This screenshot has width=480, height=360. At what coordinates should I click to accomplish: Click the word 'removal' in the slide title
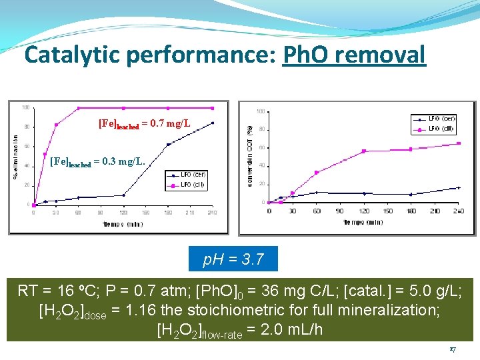[387, 55]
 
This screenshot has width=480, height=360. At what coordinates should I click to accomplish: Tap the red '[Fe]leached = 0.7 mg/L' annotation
[144, 123]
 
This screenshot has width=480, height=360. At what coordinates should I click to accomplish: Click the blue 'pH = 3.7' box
[233, 259]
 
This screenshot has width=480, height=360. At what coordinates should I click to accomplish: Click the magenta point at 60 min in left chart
[79, 108]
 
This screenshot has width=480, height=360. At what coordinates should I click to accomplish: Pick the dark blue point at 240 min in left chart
[213, 123]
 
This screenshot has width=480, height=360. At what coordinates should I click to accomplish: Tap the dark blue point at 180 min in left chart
[168, 144]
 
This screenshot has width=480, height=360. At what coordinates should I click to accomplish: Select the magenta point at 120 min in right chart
[364, 151]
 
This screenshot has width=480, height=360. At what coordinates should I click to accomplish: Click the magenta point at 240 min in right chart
[459, 143]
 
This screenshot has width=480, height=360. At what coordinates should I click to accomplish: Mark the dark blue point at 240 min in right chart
[459, 188]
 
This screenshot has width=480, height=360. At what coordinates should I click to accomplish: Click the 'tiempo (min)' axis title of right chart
[364, 221]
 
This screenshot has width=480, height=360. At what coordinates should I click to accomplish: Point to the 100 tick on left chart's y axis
[25, 107]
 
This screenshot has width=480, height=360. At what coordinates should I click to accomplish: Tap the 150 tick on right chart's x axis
[388, 211]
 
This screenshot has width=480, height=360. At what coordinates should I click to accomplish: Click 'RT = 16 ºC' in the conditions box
[55, 291]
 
